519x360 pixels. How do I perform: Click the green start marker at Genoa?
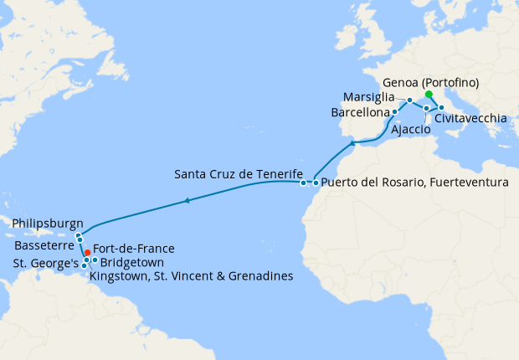pyautogui.click(x=429, y=95)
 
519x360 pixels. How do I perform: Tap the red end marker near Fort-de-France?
pyautogui.click(x=88, y=252)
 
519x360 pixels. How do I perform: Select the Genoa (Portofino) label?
pyautogui.click(x=441, y=82)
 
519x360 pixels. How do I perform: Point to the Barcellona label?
pyautogui.click(x=361, y=111)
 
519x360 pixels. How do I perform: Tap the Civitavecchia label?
pyautogui.click(x=470, y=119)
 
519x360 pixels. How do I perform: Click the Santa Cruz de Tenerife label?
pyautogui.click(x=238, y=174)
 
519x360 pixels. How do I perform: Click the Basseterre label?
pyautogui.click(x=41, y=247)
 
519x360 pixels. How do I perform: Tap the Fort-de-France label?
pyautogui.click(x=133, y=249)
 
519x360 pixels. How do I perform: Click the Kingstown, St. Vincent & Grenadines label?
pyautogui.click(x=190, y=275)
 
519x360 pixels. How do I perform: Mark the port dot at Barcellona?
pyautogui.click(x=395, y=111)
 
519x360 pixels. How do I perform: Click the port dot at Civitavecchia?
pyautogui.click(x=441, y=108)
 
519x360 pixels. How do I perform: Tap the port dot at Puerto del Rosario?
pyautogui.click(x=316, y=182)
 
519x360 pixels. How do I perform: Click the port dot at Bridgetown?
pyautogui.click(x=95, y=260)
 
